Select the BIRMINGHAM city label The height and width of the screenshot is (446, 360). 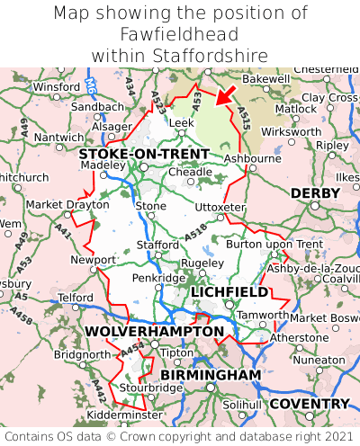coord(211,374)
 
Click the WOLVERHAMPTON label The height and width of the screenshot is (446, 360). coord(154,332)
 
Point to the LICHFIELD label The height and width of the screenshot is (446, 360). coord(229,292)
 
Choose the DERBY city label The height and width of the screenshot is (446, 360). coord(314,193)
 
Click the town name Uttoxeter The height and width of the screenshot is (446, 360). coord(220,207)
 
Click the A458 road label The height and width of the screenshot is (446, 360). coord(25,319)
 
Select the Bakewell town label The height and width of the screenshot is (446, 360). coord(241,79)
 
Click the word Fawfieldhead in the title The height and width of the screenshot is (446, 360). coord(179,34)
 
